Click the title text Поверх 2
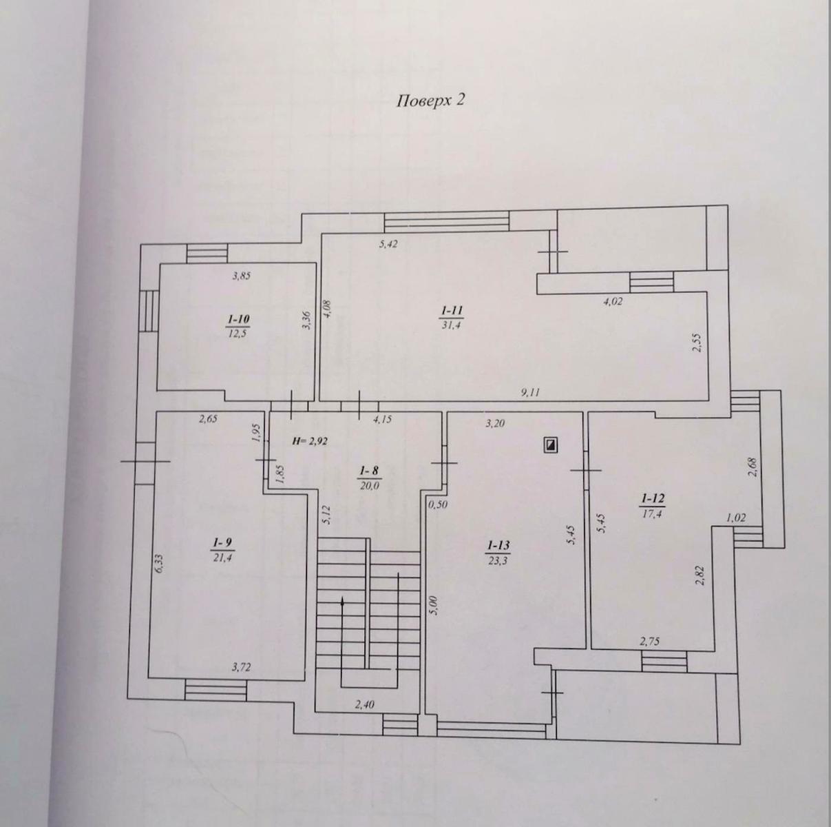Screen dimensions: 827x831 (431, 101)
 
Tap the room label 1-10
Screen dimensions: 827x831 (238, 319)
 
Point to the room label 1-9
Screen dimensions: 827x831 (220, 544)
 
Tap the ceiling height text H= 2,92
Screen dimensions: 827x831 (308, 442)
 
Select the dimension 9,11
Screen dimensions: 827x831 (530, 392)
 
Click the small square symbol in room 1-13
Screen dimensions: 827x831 (550, 445)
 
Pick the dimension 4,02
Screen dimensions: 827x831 (613, 300)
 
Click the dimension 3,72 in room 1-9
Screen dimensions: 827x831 (241, 666)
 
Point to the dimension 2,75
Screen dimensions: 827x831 (650, 642)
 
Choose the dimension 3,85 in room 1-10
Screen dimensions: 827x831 (241, 276)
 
